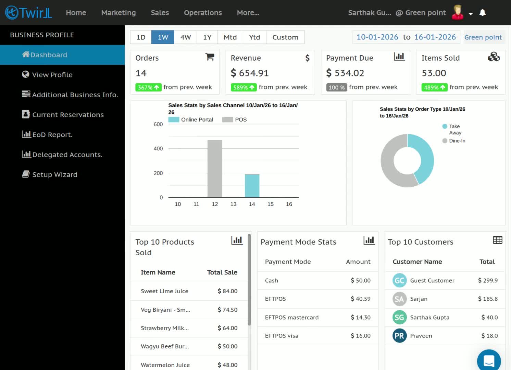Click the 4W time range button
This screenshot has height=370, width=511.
click(186, 37)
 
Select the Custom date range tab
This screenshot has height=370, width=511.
click(285, 37)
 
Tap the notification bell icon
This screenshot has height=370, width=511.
click(482, 13)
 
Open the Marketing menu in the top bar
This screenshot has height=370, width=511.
click(119, 13)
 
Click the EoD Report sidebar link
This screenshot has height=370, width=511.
click(47, 134)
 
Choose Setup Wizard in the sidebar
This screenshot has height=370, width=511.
click(50, 174)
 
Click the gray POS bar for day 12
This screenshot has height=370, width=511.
click(215, 169)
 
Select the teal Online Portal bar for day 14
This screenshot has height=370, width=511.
click(252, 186)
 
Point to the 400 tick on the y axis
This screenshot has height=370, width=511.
click(158, 149)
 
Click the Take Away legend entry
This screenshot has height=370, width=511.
click(452, 129)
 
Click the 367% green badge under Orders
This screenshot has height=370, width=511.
click(148, 87)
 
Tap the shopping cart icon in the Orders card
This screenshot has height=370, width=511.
click(210, 57)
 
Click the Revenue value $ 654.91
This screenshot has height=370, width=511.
click(250, 73)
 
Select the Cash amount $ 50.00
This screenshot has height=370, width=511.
click(361, 280)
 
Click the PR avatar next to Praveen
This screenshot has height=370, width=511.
click(399, 335)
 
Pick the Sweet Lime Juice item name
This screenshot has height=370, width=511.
click(164, 291)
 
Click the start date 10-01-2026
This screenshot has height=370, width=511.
click(377, 37)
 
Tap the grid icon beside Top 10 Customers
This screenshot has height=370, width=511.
click(498, 240)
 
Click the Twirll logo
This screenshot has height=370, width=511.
click(28, 13)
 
